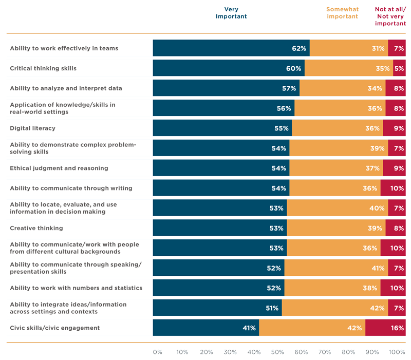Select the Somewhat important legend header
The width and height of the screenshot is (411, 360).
point(342,13)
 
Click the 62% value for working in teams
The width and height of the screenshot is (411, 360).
point(299,48)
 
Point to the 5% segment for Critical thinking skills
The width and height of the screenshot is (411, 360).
point(399,68)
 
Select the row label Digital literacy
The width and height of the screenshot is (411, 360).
point(33,128)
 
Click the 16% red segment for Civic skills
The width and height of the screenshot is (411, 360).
point(386,328)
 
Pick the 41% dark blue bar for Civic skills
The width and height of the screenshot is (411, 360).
point(206,328)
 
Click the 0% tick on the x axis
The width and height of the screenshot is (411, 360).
point(157,352)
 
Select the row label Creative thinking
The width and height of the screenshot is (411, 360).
point(36,228)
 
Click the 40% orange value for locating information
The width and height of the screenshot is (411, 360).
point(377,208)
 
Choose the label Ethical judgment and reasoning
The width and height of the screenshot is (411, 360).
point(59,168)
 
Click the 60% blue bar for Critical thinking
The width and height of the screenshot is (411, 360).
point(229,68)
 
